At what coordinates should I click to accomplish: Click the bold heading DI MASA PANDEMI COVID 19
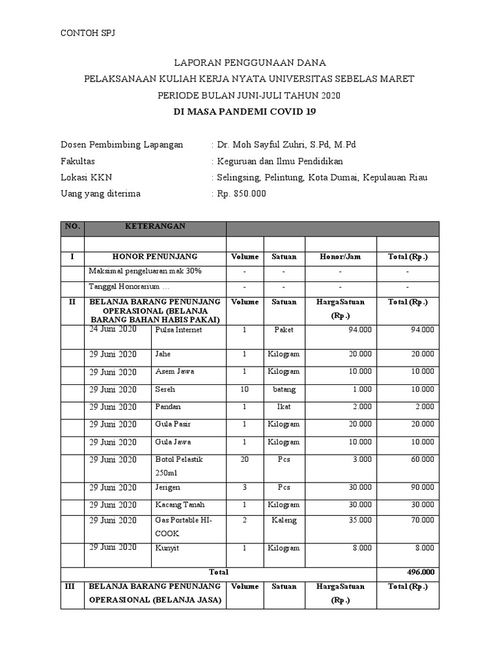[x=249, y=112]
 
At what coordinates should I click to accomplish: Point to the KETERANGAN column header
[x=155, y=226]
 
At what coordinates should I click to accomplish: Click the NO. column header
[x=72, y=226]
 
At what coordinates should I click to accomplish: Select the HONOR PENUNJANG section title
[x=155, y=257]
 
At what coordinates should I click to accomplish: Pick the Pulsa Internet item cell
[x=178, y=330]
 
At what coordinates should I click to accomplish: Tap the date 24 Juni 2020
[x=113, y=329]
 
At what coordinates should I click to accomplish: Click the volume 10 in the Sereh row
[x=244, y=389]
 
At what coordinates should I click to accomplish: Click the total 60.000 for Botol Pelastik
[x=422, y=459]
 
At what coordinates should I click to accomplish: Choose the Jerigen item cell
[x=168, y=487]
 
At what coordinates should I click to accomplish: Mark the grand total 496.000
[x=419, y=572]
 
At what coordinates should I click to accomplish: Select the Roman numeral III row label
[x=72, y=586]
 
